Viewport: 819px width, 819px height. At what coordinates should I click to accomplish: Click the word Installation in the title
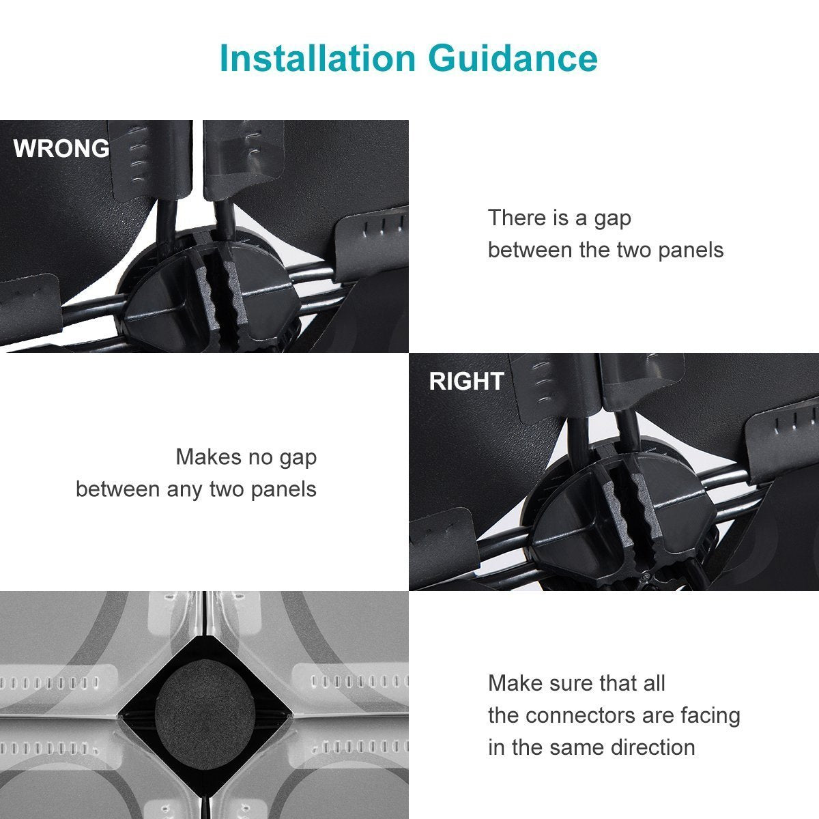(x=317, y=58)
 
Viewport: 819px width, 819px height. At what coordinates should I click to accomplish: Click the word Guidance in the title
(x=513, y=58)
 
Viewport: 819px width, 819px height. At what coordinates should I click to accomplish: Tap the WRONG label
(x=61, y=149)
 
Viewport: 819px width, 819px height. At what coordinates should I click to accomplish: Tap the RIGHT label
(x=466, y=381)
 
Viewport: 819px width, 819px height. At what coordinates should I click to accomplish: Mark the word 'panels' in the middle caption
(x=283, y=489)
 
